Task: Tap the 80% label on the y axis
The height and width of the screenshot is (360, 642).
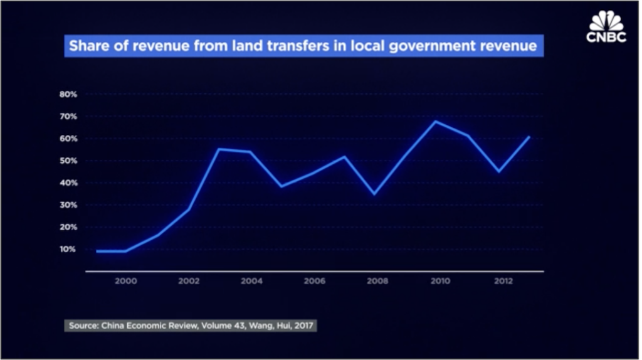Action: pos(68,94)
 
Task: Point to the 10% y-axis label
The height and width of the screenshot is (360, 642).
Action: pos(68,249)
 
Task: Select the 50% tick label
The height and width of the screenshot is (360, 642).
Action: pos(68,161)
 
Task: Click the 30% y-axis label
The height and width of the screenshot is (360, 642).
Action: pos(68,205)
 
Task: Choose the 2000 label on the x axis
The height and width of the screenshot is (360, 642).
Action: pos(126,282)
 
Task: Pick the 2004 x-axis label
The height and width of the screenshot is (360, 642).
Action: pos(251,282)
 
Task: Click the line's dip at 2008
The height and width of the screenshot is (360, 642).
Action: pos(374,194)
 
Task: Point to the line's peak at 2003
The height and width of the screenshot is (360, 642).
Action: pos(219,149)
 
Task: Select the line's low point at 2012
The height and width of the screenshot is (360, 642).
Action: pos(499,171)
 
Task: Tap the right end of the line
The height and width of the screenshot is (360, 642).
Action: pos(530,137)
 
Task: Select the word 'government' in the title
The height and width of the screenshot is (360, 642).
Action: pos(450,46)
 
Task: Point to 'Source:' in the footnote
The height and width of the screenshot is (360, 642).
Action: pos(83,326)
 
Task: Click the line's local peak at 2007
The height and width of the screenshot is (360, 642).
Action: pos(344,156)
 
